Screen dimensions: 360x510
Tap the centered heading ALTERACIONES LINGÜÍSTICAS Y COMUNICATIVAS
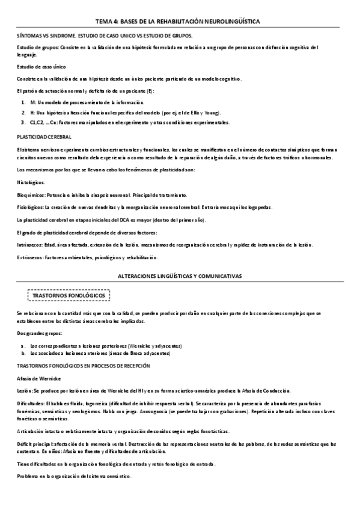(x=180, y=275)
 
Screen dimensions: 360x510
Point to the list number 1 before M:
(x=23, y=103)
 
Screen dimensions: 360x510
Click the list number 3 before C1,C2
(x=23, y=123)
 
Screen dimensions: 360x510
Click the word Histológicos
(x=31, y=181)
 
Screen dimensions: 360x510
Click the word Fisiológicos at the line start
(x=29, y=207)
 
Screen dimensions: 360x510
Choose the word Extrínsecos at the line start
(x=29, y=257)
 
